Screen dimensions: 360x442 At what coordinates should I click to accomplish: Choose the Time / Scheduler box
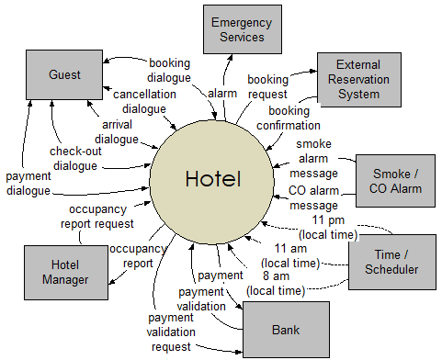point(391,262)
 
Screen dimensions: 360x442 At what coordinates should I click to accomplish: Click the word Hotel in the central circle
point(213,178)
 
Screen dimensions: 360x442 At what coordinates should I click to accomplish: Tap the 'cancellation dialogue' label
point(139,101)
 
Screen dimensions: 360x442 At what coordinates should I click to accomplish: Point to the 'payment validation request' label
point(170,332)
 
